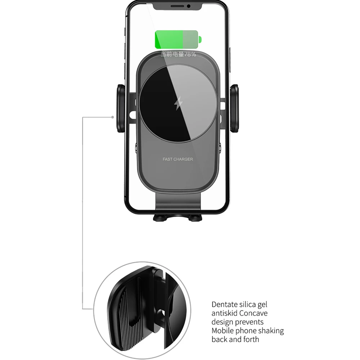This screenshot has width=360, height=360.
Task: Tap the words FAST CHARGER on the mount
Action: click(178, 159)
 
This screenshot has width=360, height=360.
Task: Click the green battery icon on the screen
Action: click(177, 40)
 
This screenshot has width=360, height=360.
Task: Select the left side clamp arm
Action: click(121, 108)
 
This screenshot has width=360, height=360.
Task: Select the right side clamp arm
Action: click(234, 108)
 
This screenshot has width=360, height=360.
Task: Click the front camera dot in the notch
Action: click(188, 6)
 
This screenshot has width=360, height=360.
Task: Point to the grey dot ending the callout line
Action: click(113, 117)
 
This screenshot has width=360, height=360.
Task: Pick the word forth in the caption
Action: click(251, 339)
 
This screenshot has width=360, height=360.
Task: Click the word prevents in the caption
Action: click(250, 322)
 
